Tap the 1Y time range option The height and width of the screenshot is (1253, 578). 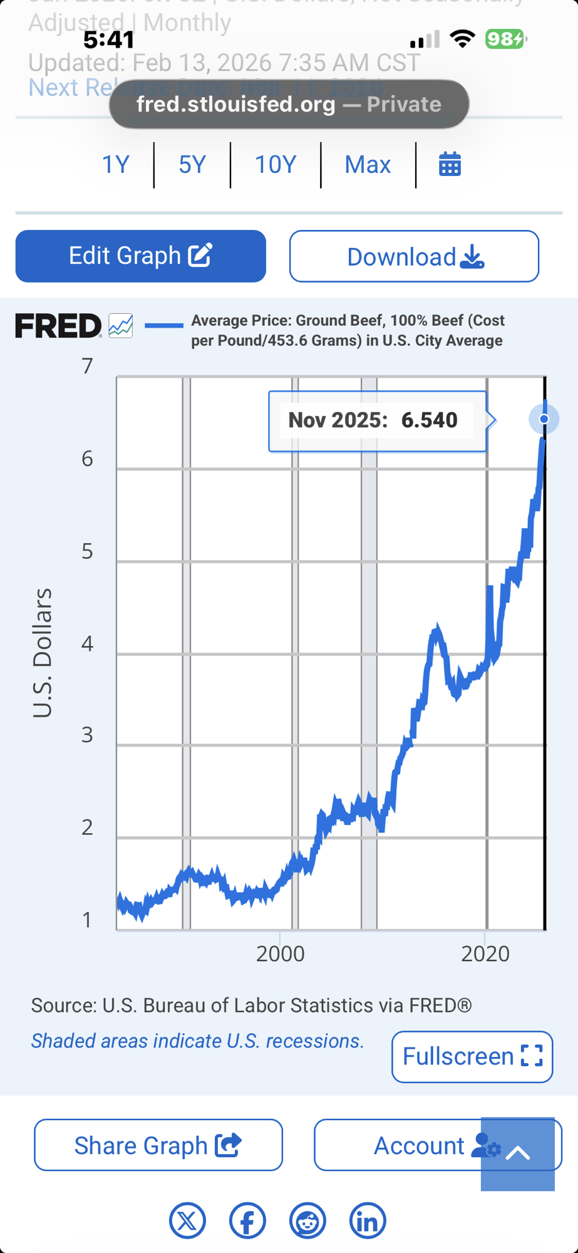click(x=116, y=165)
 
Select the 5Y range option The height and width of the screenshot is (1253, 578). click(x=192, y=165)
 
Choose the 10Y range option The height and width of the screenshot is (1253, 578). click(x=276, y=165)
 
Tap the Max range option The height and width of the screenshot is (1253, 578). click(x=368, y=165)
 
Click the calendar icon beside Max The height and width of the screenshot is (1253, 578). click(x=450, y=165)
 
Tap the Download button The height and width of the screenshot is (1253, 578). click(x=414, y=256)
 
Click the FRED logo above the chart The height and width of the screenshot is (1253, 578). click(x=58, y=326)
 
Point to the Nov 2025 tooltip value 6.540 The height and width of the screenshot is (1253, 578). click(x=429, y=420)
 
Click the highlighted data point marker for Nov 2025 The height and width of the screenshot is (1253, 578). click(x=544, y=419)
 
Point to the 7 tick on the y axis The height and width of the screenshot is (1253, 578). click(x=88, y=366)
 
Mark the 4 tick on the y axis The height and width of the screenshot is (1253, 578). click(x=88, y=643)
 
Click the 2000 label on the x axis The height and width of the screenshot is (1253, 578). click(x=280, y=954)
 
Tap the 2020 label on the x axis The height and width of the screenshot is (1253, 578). click(x=485, y=954)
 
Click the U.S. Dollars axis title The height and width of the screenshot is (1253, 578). click(x=43, y=652)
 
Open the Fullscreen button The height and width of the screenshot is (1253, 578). click(x=472, y=1056)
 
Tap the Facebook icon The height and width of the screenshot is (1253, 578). click(x=247, y=1220)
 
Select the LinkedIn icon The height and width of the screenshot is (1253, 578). click(x=368, y=1220)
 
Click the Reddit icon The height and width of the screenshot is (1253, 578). click(x=307, y=1220)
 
